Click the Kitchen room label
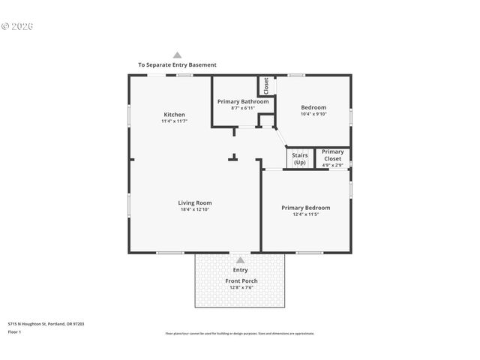tap(174, 115)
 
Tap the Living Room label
tap(194, 202)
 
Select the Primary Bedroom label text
tap(305, 208)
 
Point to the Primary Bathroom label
tap(242, 101)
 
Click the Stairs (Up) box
tap(299, 158)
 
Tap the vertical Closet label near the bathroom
tap(265, 85)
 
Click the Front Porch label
tap(241, 280)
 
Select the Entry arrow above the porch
tap(240, 260)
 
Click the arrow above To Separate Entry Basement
tap(177, 55)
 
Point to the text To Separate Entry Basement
tap(177, 65)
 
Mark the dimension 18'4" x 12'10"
tap(194, 210)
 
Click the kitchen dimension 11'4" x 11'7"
tap(174, 121)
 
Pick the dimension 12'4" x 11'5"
tap(305, 214)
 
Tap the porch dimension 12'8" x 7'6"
tap(241, 287)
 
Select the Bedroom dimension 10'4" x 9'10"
tap(313, 114)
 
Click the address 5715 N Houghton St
tap(46, 324)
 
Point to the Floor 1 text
tap(14, 331)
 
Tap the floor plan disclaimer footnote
tap(240, 333)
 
